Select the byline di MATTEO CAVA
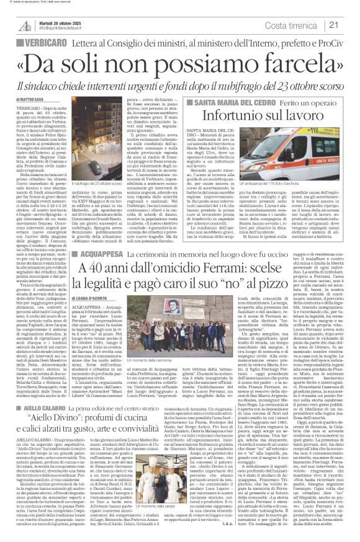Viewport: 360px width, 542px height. coord(30,99)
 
